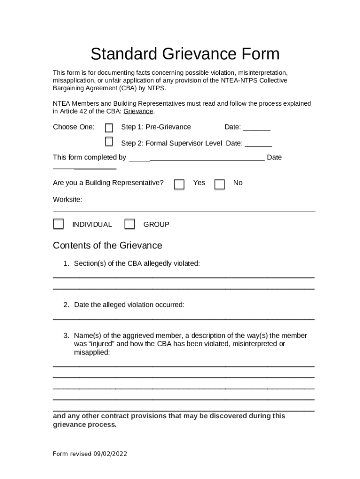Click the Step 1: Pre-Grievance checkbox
click(109, 128)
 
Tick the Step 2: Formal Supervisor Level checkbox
click(109, 141)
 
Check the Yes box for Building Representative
click(179, 184)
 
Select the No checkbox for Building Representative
click(219, 184)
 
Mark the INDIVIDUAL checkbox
click(58, 224)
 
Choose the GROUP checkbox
click(130, 224)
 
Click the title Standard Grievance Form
click(185, 54)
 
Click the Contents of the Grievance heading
click(108, 246)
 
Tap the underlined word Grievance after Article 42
click(138, 112)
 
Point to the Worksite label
click(67, 200)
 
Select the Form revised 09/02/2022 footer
click(90, 454)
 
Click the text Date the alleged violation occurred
click(129, 305)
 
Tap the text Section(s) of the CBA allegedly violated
click(137, 264)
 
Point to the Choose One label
click(73, 127)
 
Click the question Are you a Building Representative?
click(108, 183)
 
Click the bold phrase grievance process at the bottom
click(85, 425)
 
